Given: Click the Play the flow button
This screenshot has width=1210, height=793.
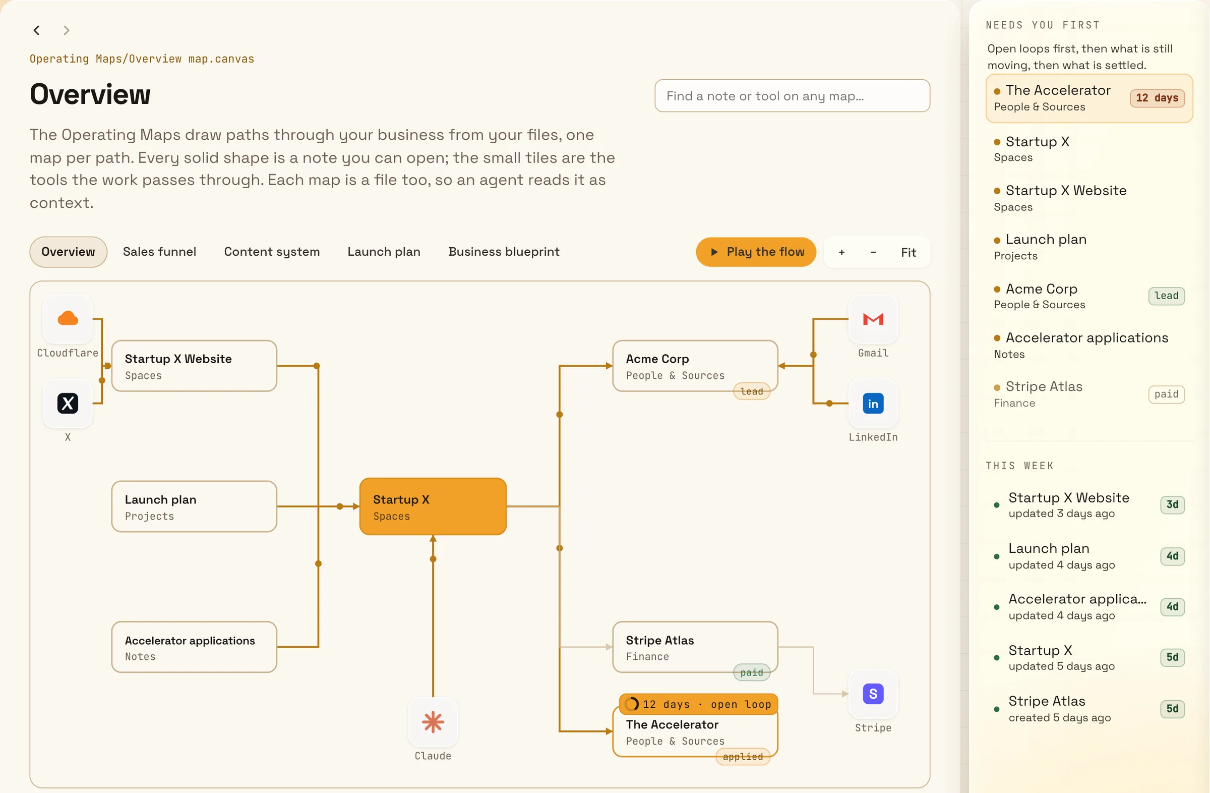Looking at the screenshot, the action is point(755,252).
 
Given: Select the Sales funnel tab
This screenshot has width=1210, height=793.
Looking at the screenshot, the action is point(159,252).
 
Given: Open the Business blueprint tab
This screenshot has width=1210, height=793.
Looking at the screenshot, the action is point(503,252).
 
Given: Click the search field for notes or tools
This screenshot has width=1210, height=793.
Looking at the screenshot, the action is point(792,96).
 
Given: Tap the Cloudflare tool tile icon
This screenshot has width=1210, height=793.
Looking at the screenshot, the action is point(68,319).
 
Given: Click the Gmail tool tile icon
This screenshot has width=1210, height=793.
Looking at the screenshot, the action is point(873,319).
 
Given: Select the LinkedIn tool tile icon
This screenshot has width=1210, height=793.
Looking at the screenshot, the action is point(873,404).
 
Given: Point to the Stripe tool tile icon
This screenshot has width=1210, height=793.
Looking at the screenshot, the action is point(873,694).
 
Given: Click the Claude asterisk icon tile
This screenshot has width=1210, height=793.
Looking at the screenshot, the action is point(433,722).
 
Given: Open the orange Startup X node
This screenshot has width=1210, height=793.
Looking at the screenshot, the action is point(433,506).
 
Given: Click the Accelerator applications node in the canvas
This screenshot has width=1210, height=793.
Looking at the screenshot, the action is point(194,647).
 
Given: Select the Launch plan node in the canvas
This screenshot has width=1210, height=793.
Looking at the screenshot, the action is point(194,506).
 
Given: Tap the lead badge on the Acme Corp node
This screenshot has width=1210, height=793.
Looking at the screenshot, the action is point(751,391).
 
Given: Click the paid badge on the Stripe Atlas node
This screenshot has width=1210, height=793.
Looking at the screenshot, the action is point(751,672).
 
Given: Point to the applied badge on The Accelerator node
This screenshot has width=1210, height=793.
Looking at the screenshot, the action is point(743,756).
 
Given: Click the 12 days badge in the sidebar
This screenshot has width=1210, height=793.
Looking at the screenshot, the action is point(1157,98).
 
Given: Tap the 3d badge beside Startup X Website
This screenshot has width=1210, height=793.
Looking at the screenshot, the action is point(1172,504).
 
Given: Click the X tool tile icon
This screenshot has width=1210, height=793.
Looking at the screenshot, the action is point(68,404).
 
